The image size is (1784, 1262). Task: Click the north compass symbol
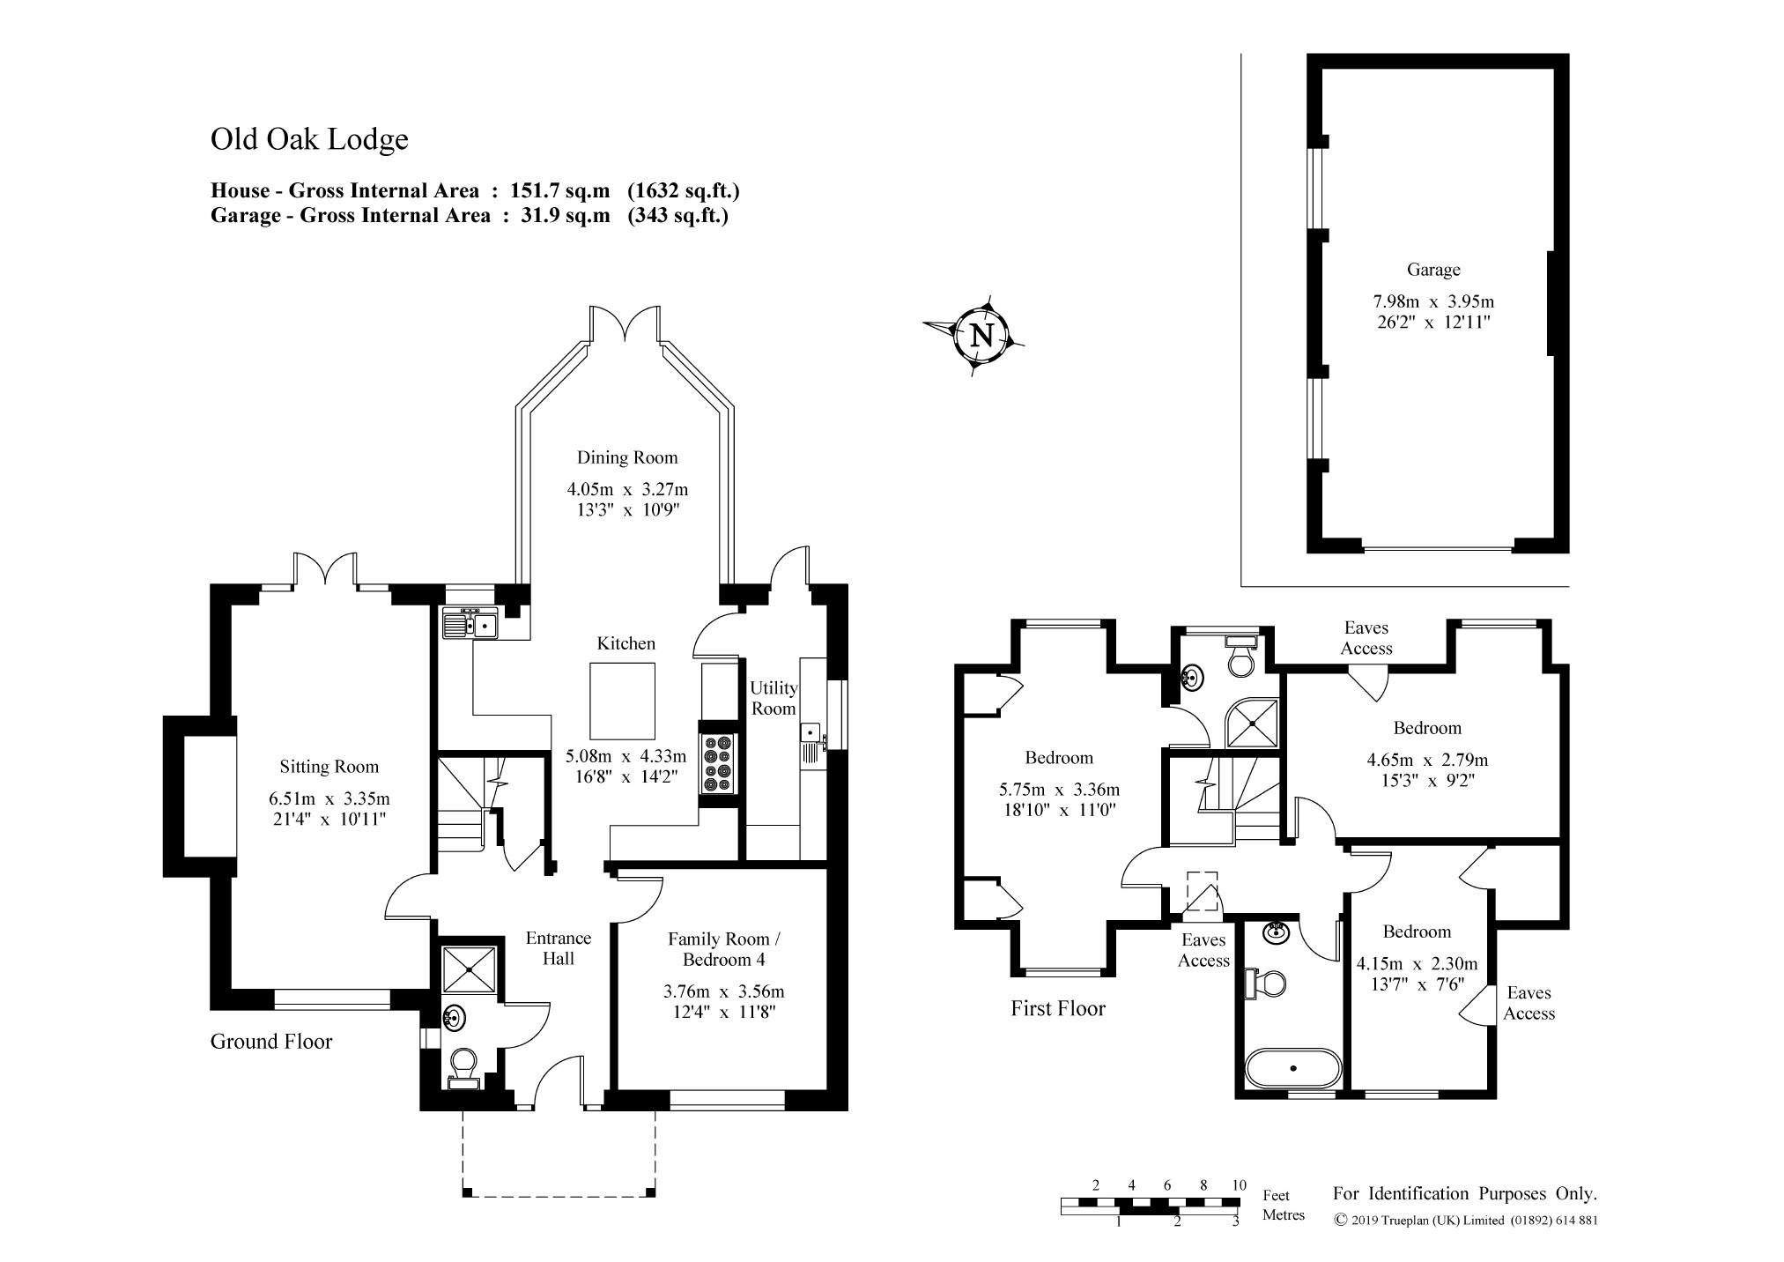click(x=979, y=335)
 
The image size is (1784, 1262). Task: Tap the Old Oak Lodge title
click(x=309, y=139)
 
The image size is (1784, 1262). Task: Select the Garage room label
click(x=1433, y=270)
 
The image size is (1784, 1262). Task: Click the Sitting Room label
click(x=329, y=767)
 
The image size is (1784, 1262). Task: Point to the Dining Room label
click(x=627, y=457)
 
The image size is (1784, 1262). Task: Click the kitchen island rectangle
click(x=623, y=702)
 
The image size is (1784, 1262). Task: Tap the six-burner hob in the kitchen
click(x=718, y=762)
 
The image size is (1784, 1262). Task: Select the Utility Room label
click(x=774, y=698)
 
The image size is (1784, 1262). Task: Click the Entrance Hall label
click(x=559, y=948)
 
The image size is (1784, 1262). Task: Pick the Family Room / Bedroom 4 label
click(x=719, y=949)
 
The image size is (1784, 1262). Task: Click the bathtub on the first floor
click(x=1293, y=1068)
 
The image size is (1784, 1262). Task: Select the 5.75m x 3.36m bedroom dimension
click(x=1059, y=790)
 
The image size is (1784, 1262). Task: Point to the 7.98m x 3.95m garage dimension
click(x=1433, y=301)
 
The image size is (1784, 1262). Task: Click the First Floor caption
click(x=1058, y=1009)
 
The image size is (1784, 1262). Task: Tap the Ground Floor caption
click(x=271, y=1042)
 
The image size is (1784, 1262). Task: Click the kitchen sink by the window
click(x=470, y=623)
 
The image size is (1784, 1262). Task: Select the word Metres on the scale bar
click(x=1284, y=1215)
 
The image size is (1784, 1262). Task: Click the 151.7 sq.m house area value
click(x=560, y=190)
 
